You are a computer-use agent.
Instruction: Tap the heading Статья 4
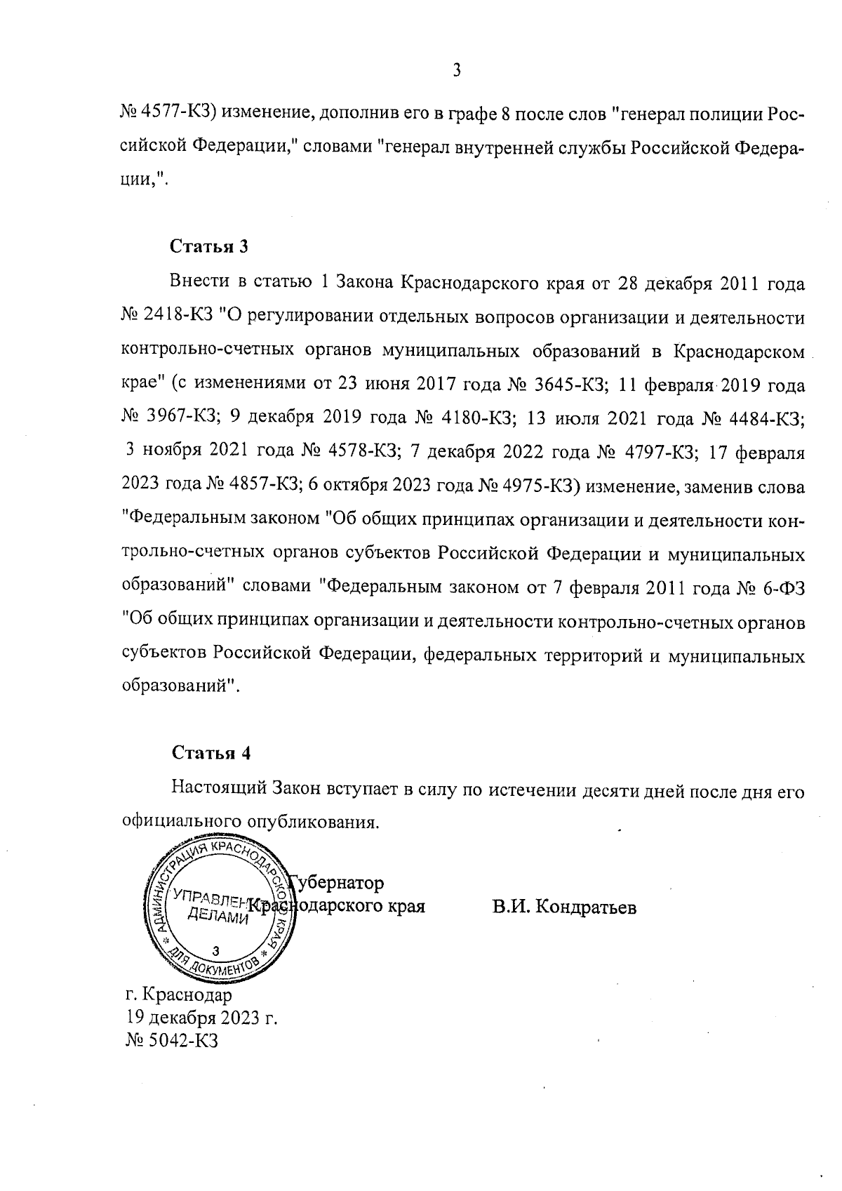click(x=211, y=753)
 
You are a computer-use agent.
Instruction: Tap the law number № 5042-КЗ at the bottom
click(x=172, y=1040)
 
